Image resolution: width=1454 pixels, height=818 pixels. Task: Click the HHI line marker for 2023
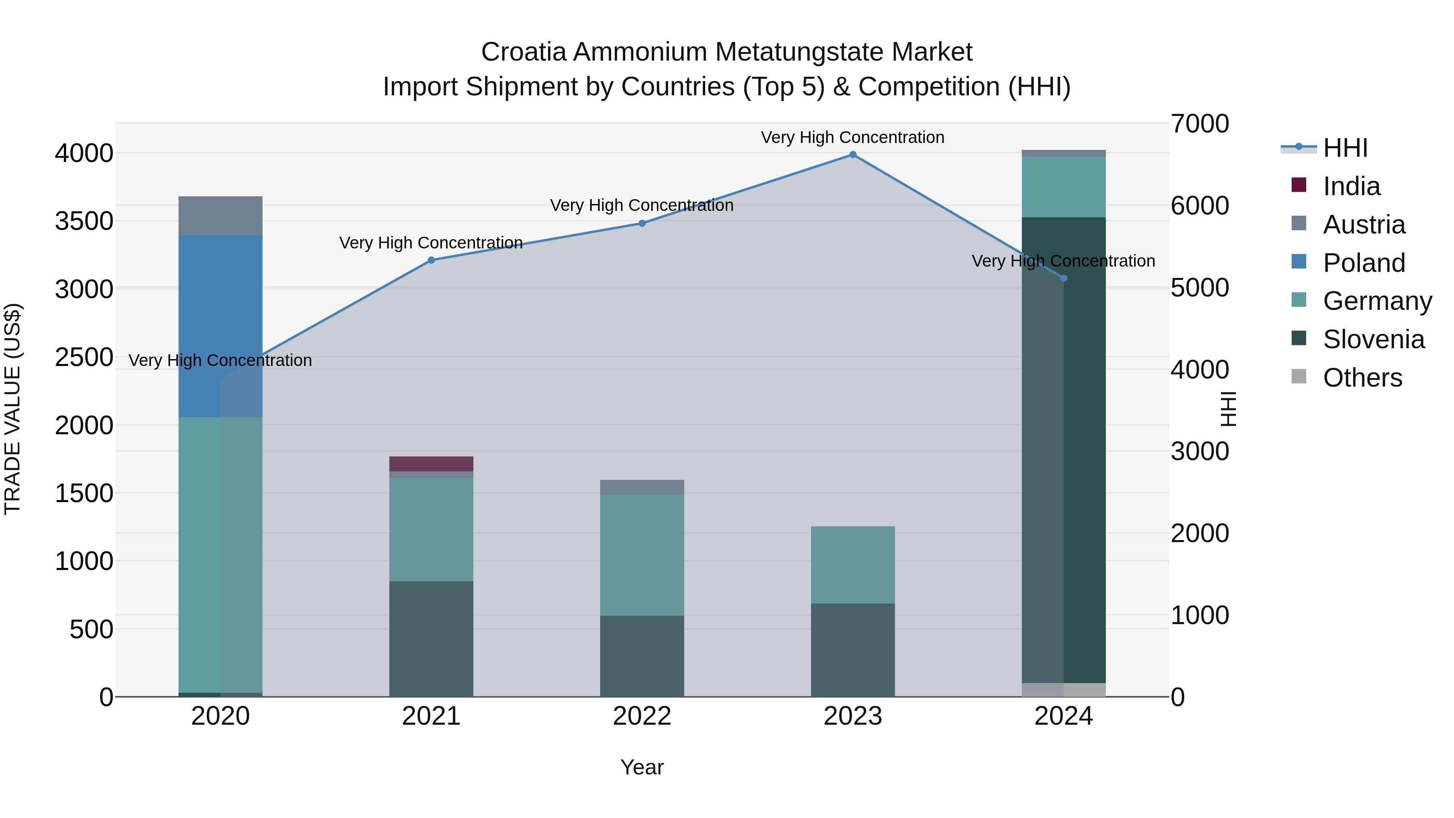(x=852, y=155)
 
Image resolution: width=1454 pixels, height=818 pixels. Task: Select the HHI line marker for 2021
(x=431, y=260)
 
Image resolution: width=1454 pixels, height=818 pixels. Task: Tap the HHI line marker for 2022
(x=642, y=223)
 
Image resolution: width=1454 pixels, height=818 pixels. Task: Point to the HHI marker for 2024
(x=1063, y=278)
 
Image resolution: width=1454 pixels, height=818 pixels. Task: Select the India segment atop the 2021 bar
(x=431, y=463)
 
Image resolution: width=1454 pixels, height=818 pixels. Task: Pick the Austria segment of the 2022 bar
(x=642, y=487)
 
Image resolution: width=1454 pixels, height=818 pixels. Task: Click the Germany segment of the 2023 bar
(x=852, y=565)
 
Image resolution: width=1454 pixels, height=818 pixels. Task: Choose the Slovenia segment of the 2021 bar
(x=431, y=639)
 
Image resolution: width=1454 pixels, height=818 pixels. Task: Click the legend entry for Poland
(x=1363, y=263)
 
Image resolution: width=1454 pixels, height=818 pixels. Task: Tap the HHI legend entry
(x=1345, y=148)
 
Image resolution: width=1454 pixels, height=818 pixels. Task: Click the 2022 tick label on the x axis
(x=642, y=716)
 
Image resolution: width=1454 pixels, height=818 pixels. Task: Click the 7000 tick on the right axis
(x=1200, y=124)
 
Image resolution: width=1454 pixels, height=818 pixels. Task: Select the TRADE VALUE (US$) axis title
(x=13, y=409)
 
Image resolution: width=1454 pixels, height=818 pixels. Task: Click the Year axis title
(x=642, y=767)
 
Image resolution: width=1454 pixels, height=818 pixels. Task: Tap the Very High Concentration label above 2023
(x=852, y=137)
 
